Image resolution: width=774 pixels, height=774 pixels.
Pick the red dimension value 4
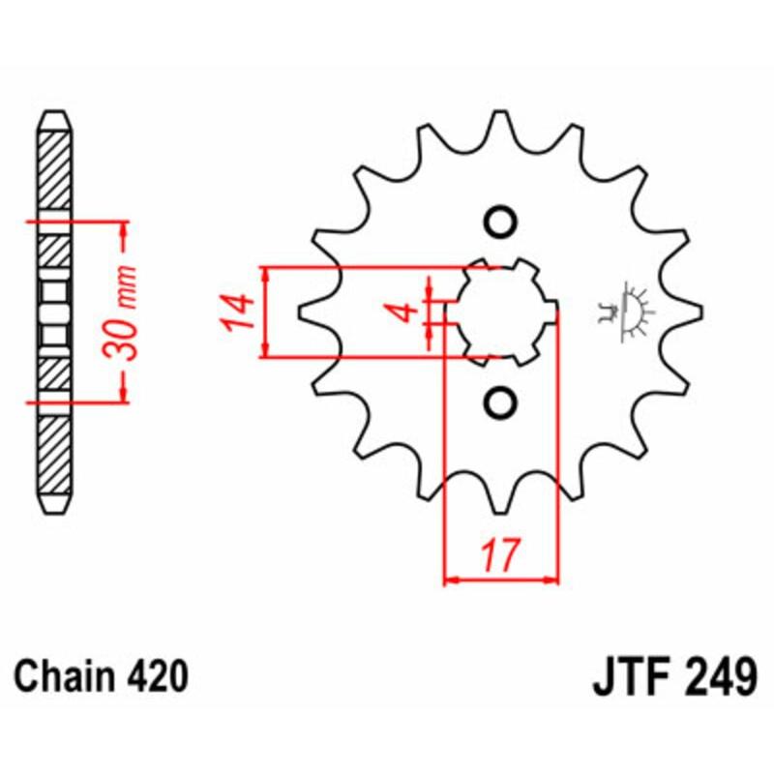click(x=406, y=313)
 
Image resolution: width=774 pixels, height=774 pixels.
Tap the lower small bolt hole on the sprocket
click(x=500, y=402)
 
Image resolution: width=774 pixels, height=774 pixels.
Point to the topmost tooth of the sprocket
click(x=500, y=121)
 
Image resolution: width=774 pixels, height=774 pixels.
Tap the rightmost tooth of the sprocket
click(x=694, y=313)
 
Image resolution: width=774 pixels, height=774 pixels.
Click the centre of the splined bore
click(x=503, y=313)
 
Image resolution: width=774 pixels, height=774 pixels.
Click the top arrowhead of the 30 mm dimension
click(x=124, y=229)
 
